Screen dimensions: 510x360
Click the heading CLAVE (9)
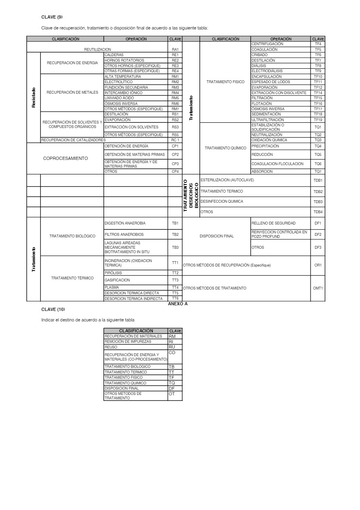click(x=52, y=17)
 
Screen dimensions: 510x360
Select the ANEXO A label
click(x=178, y=304)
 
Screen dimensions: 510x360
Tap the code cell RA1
click(x=175, y=50)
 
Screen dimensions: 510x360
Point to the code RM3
click(x=175, y=88)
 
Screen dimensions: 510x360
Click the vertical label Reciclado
click(x=34, y=97)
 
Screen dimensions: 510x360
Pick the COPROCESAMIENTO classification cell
click(x=65, y=158)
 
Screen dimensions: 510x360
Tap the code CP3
click(x=175, y=164)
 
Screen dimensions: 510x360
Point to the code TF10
click(x=318, y=77)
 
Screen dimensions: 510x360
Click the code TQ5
click(x=318, y=155)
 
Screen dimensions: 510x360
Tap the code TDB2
click(x=318, y=192)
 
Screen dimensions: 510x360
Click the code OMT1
click(x=318, y=288)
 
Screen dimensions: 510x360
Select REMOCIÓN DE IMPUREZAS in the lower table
click(x=128, y=342)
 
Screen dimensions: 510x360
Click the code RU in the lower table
click(x=172, y=347)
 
